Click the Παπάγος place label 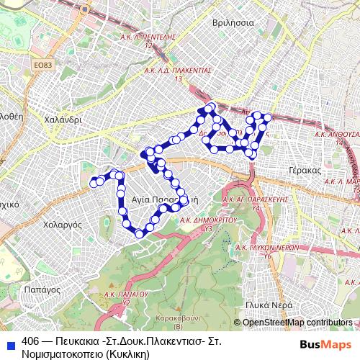pos(40,288)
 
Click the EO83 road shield pos(43,66)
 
